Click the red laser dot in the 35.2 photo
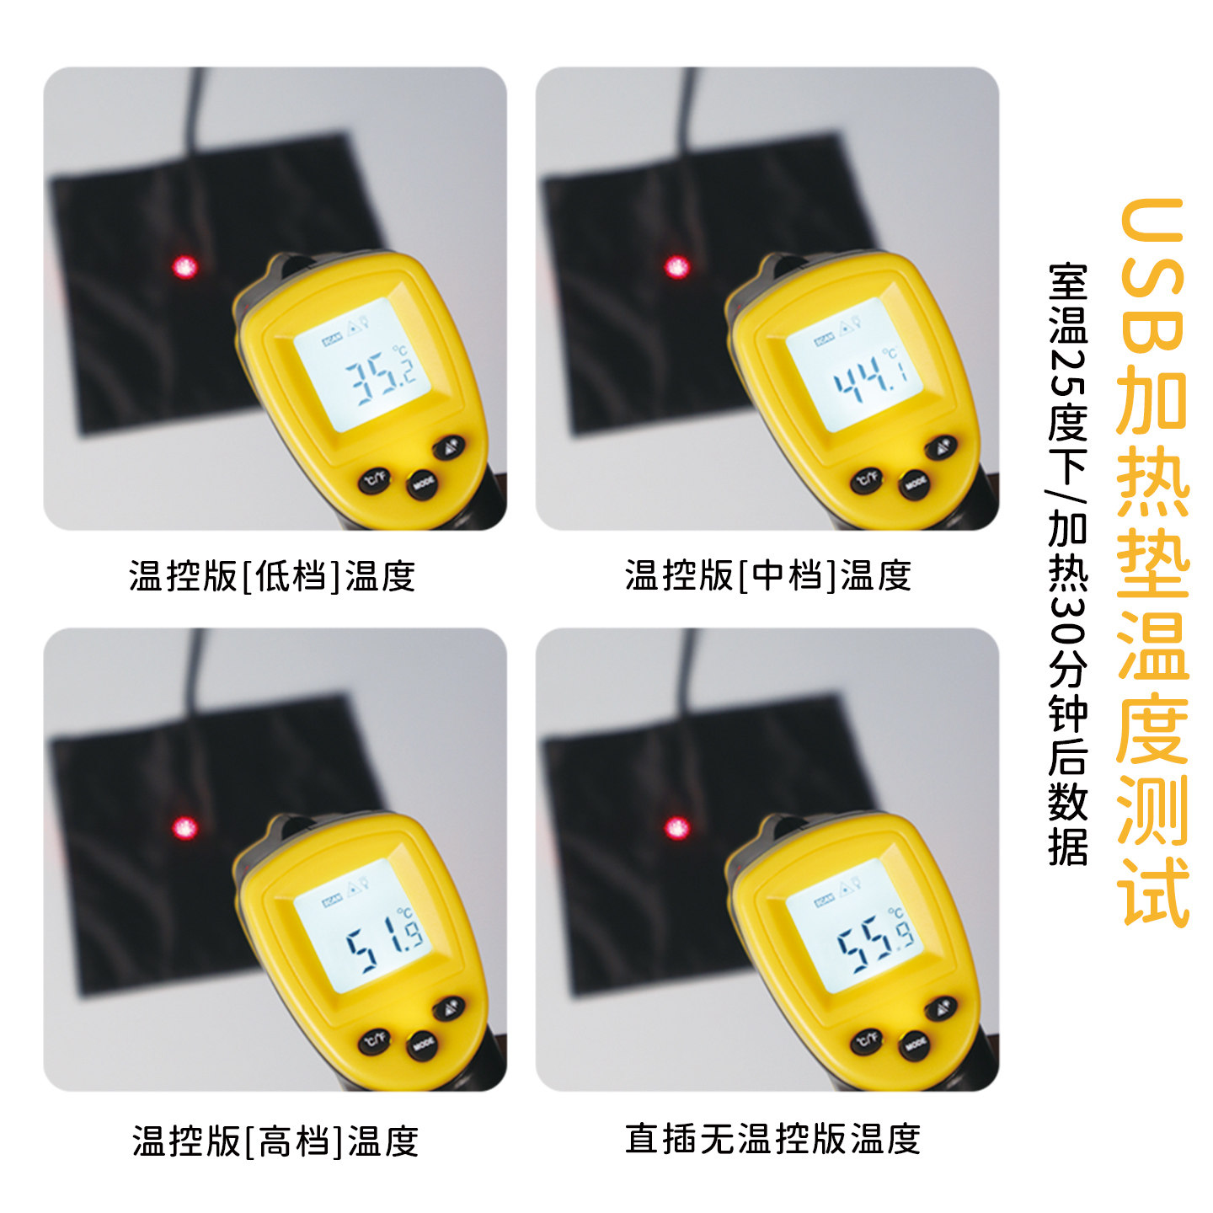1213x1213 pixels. tap(184, 268)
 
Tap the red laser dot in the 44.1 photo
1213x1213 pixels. tap(676, 268)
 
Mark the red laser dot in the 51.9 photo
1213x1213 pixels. tap(184, 828)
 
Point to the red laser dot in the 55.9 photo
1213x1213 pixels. tap(676, 828)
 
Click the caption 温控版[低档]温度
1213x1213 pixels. tap(272, 577)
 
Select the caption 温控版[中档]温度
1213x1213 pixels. tap(767, 576)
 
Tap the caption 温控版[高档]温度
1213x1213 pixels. tap(275, 1141)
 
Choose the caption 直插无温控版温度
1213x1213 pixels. tap(772, 1139)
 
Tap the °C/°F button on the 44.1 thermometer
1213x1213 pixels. tap(866, 480)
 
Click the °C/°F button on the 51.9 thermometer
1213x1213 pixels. tap(374, 1041)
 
